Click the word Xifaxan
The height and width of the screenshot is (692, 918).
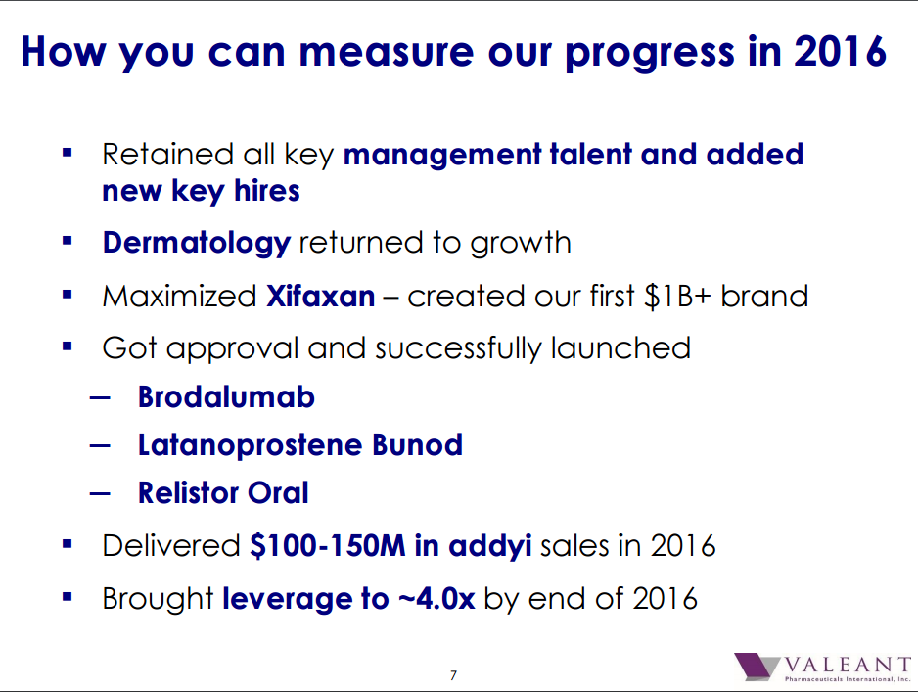point(320,296)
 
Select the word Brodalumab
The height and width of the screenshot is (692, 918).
point(226,397)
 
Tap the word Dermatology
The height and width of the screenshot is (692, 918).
point(196,244)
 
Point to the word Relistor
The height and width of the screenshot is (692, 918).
point(188,492)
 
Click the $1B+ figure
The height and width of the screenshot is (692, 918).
point(677,296)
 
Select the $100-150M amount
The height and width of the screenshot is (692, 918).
point(327,545)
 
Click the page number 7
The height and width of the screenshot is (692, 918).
point(453,675)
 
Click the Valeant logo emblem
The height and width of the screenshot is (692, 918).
point(756,667)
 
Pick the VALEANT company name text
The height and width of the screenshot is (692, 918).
point(848,665)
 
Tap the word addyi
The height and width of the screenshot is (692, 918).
point(490,546)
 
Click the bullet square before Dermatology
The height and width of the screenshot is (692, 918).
point(67,241)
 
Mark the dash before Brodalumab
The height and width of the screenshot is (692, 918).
point(100,398)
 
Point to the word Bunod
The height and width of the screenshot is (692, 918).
point(418,445)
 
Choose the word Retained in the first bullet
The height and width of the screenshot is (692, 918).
point(168,155)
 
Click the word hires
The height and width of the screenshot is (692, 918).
point(267,190)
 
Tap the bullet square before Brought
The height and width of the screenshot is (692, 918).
point(67,597)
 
